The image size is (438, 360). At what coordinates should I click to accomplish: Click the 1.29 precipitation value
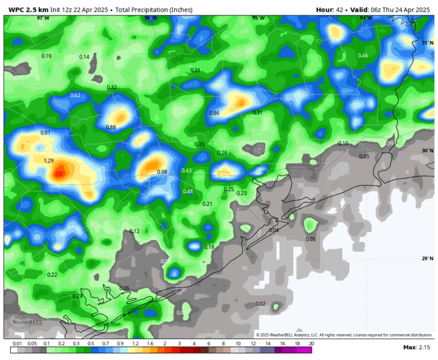(48, 161)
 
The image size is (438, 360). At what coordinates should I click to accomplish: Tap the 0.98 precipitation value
(162, 172)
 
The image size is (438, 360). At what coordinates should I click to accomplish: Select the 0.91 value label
(46, 133)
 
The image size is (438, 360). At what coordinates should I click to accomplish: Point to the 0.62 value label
(75, 95)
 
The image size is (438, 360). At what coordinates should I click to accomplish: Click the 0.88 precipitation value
(111, 127)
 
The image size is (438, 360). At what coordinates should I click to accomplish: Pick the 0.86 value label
(214, 113)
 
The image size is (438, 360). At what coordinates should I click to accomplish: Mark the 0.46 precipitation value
(363, 55)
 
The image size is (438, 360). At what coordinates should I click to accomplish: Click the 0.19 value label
(47, 56)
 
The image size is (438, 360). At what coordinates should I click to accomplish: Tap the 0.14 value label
(84, 57)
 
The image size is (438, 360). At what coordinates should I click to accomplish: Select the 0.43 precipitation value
(186, 171)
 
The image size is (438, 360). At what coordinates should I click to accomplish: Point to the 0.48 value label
(188, 192)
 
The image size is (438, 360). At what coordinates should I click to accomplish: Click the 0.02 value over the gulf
(261, 304)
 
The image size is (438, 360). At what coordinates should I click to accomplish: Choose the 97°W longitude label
(43, 18)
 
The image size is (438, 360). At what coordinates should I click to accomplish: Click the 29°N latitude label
(427, 258)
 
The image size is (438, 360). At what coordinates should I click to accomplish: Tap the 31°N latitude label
(427, 43)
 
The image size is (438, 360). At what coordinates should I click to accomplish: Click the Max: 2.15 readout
(416, 347)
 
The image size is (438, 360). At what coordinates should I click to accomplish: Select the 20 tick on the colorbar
(311, 343)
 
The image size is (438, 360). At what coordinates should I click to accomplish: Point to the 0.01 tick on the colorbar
(18, 343)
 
